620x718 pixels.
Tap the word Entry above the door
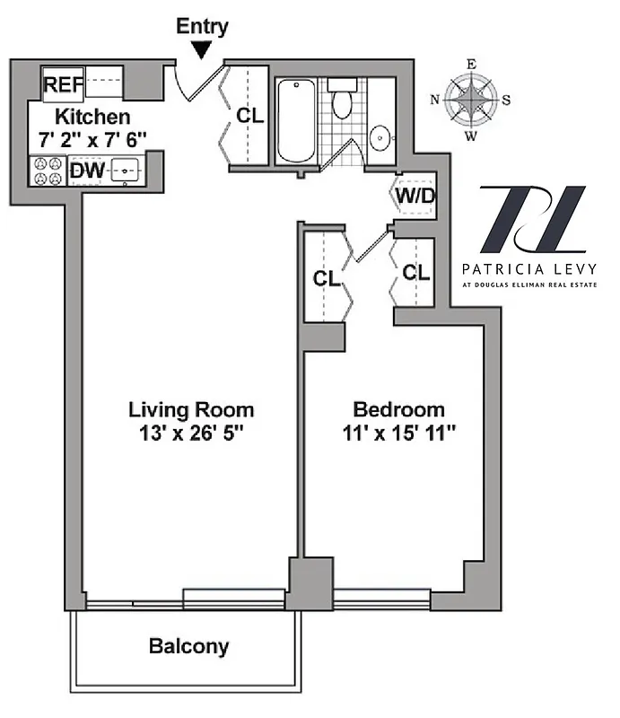(202, 26)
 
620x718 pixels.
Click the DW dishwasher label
(86, 170)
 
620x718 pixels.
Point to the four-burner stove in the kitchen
(47, 171)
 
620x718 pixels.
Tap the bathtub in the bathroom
(293, 121)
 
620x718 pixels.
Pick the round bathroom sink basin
(381, 138)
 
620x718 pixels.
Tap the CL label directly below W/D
(415, 272)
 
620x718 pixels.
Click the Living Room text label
(191, 410)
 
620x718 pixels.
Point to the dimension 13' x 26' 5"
(191, 433)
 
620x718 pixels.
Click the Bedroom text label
(398, 410)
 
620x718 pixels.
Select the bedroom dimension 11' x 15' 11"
(398, 433)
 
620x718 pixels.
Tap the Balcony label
(188, 646)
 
